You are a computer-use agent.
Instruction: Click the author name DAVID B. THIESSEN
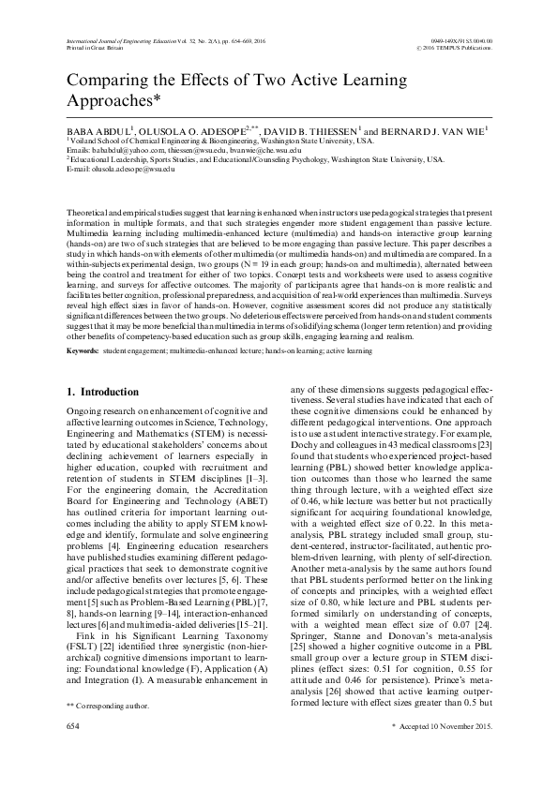(x=314, y=130)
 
